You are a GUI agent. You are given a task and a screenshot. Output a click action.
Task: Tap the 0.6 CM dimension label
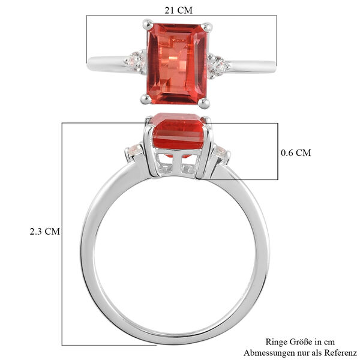tap(296, 152)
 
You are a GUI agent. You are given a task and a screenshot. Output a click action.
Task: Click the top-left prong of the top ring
tap(146, 25)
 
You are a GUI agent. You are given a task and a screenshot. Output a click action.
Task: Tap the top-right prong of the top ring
tap(208, 27)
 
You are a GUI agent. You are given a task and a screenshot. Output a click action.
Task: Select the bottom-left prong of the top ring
tap(144, 98)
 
